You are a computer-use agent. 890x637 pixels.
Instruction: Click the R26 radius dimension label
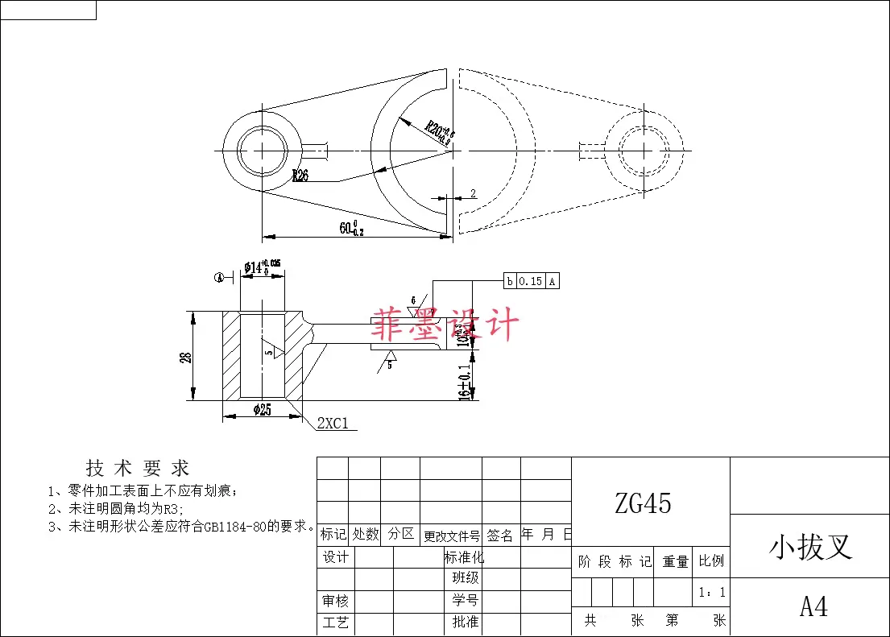tap(300, 176)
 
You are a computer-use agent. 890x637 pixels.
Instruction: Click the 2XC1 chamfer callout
tap(333, 424)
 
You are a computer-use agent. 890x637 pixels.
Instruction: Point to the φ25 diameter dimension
tap(262, 410)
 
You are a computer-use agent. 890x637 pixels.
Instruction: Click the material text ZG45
tap(643, 503)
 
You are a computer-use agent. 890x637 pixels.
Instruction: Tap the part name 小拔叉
tap(810, 547)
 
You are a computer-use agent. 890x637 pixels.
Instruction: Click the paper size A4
tap(813, 606)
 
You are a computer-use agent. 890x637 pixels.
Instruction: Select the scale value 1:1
tap(712, 593)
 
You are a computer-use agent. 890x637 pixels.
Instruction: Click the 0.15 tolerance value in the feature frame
tap(530, 281)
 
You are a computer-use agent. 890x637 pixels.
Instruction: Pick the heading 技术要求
tap(138, 468)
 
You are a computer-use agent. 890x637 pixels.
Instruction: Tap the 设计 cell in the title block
tap(336, 557)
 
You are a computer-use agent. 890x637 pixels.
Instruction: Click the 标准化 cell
tap(464, 557)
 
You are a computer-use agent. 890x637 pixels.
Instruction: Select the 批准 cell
tap(466, 622)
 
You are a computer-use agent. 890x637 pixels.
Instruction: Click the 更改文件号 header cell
tap(452, 535)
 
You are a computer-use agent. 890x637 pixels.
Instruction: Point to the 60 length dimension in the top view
tap(351, 229)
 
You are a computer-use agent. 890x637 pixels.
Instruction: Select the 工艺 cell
tap(336, 622)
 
